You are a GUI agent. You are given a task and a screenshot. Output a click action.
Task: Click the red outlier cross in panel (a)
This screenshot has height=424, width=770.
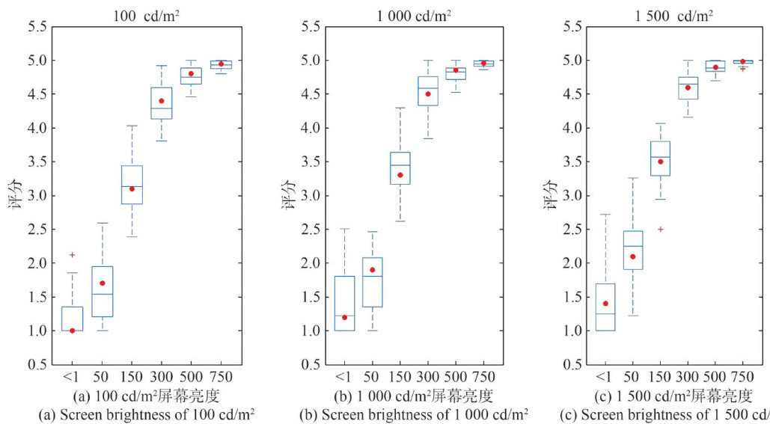tap(72, 255)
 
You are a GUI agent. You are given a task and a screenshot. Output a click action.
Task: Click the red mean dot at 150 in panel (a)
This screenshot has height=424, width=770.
tap(132, 188)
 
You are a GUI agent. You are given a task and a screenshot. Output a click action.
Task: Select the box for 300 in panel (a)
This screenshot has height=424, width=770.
tap(162, 103)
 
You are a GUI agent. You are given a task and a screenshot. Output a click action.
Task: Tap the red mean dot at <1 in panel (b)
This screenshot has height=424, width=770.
tap(344, 317)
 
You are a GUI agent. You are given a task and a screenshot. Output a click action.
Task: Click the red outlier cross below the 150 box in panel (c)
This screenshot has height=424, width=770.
tap(660, 229)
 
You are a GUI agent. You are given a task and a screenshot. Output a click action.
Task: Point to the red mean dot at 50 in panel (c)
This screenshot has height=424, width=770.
tap(632, 256)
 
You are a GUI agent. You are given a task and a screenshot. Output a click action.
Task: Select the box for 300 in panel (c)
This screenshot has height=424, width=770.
tap(688, 87)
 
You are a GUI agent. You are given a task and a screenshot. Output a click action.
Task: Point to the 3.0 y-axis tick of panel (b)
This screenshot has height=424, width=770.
tap(310, 196)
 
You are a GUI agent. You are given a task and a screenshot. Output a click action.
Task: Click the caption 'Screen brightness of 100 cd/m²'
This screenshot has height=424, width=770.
tap(147, 414)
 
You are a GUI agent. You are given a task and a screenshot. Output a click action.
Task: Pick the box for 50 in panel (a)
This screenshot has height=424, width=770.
tap(102, 292)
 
